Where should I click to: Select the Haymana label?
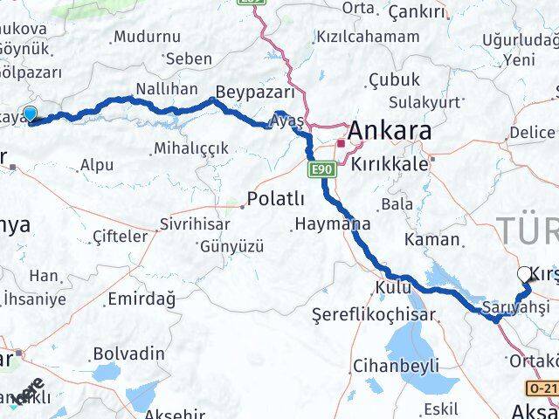tap(332, 224)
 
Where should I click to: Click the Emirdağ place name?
tap(141, 299)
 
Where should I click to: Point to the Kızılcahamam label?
tap(369, 37)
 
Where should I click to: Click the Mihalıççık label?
tap(190, 147)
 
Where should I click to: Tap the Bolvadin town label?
tap(128, 353)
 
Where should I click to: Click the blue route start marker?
tap(31, 113)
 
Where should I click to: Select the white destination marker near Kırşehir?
tap(524, 273)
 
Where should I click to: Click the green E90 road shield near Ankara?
tap(321, 167)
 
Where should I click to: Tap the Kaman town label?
tap(431, 238)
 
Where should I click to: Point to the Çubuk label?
tap(389, 79)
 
